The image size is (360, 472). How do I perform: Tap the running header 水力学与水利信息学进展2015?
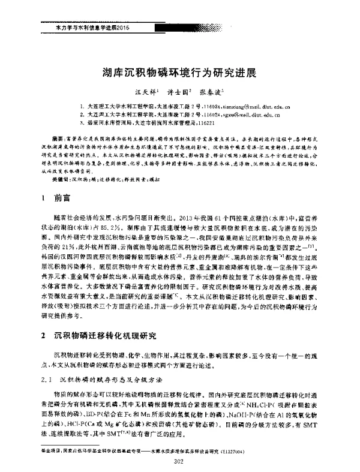84,28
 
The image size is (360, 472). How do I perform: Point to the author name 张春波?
212,94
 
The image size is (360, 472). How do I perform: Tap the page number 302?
177,461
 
